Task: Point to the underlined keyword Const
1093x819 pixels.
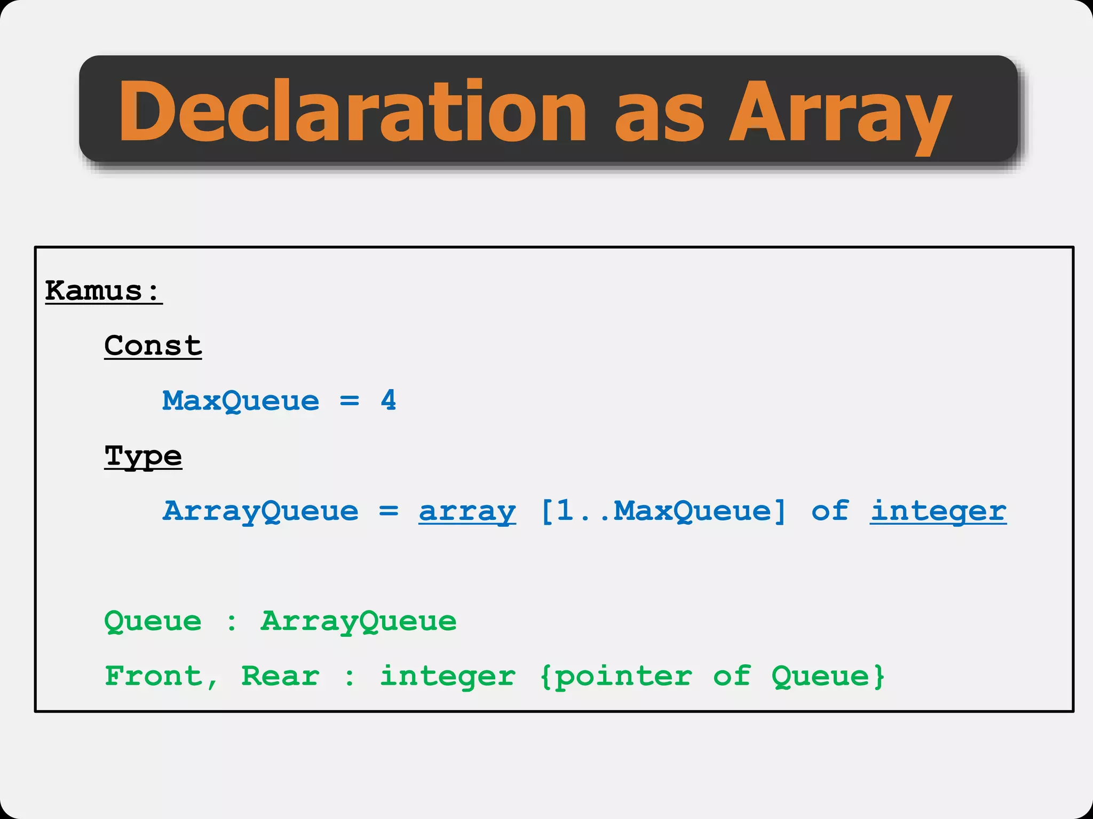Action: click(153, 346)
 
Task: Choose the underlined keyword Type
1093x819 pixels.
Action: click(143, 457)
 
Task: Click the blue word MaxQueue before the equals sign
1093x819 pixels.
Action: click(241, 401)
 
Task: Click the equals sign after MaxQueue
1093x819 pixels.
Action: click(350, 401)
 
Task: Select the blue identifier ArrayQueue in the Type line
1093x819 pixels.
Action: click(260, 511)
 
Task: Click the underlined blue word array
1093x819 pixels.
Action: click(467, 511)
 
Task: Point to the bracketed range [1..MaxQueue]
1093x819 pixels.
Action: click(663, 511)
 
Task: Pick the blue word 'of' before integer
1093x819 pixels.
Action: click(830, 511)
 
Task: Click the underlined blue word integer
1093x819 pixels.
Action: click(938, 511)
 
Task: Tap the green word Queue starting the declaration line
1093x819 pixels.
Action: click(153, 622)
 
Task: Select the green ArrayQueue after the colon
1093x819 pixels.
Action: click(359, 622)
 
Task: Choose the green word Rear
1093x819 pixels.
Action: click(280, 677)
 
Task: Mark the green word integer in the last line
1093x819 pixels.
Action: click(447, 677)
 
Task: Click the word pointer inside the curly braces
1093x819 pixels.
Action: click(623, 677)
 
